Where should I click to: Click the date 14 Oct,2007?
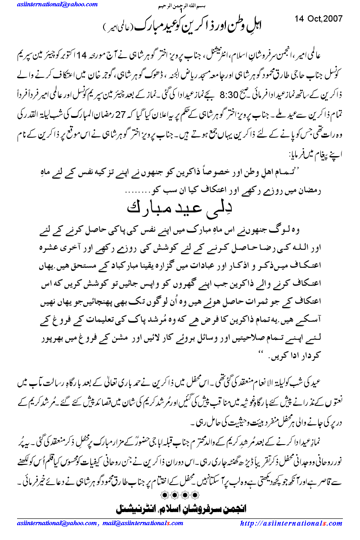pos(319,19)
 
